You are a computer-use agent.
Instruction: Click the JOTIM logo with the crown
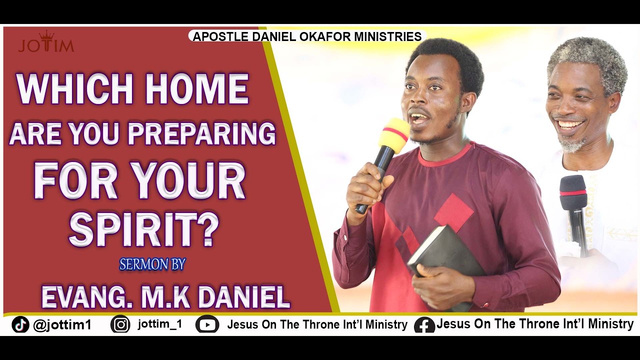pos(46,43)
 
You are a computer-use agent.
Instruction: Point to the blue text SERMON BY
pos(152,264)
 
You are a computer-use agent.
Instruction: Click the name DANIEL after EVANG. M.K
pos(244,297)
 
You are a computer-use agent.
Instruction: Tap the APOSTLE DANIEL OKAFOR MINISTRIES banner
pos(306,36)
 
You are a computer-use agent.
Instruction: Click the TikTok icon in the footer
pos(20,325)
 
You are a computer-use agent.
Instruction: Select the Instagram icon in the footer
pos(120,324)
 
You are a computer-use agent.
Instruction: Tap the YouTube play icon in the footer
pos(207,325)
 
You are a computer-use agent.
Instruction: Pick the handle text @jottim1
pos(62,325)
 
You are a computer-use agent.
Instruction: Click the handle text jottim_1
pos(160,324)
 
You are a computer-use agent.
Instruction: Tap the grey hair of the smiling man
pos(588,55)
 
